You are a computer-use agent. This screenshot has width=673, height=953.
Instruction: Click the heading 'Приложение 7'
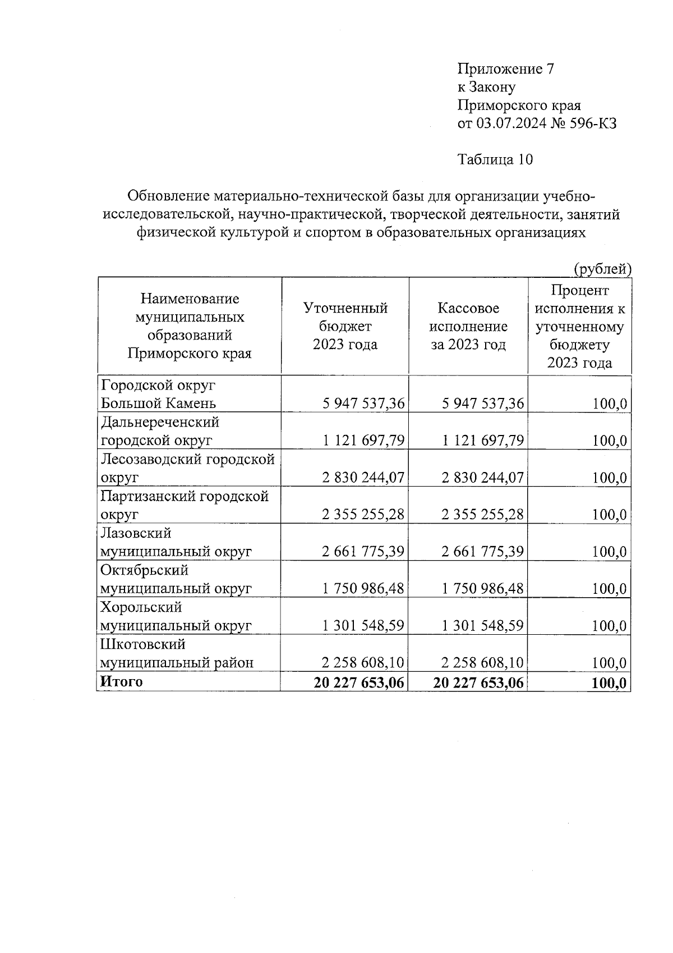pyautogui.click(x=506, y=69)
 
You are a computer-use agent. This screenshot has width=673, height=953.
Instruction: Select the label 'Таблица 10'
pyautogui.click(x=495, y=160)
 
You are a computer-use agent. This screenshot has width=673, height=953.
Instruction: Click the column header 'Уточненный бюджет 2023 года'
pyautogui.click(x=345, y=326)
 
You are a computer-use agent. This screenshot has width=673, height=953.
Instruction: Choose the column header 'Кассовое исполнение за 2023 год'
pyautogui.click(x=468, y=326)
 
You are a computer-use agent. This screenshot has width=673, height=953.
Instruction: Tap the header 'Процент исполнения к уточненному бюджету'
pyautogui.click(x=579, y=326)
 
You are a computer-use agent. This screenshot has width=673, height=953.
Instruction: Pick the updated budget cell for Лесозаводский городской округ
pyautogui.click(x=363, y=478)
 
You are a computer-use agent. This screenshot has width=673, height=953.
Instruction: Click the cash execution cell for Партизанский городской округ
pyautogui.click(x=483, y=515)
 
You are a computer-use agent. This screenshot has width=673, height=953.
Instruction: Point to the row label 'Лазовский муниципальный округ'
pyautogui.click(x=176, y=542)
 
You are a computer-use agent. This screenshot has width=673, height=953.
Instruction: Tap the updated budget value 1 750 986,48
pyautogui.click(x=363, y=589)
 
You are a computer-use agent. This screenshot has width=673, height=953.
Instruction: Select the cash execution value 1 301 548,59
pyautogui.click(x=483, y=626)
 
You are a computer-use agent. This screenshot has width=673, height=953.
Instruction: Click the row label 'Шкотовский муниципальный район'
pyautogui.click(x=177, y=653)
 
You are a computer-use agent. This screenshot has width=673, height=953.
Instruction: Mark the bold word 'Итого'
pyautogui.click(x=121, y=682)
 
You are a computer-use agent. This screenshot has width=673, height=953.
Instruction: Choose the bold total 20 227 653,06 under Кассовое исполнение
pyautogui.click(x=478, y=683)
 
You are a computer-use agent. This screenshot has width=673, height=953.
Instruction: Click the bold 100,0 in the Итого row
pyautogui.click(x=609, y=683)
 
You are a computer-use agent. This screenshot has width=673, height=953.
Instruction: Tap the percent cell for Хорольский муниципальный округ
pyautogui.click(x=609, y=626)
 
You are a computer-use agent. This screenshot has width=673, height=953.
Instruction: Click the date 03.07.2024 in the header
pyautogui.click(x=511, y=123)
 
